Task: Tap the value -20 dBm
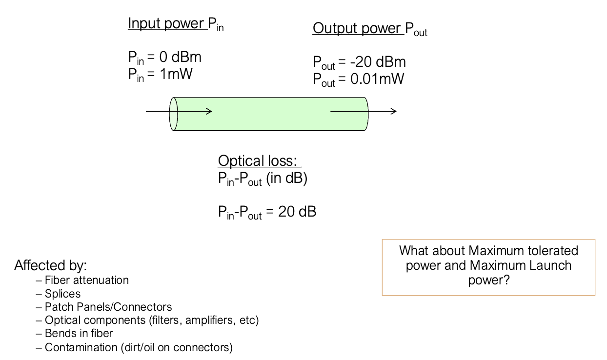378,62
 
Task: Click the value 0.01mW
377,80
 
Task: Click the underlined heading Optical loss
260,161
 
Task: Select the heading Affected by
51,266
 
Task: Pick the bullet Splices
62,294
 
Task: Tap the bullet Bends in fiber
79,334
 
